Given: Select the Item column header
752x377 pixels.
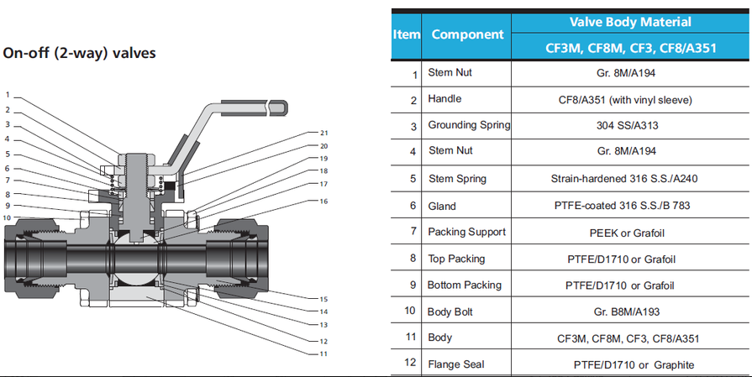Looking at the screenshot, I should tap(407, 34).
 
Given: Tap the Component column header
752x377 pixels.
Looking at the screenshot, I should tap(467, 34).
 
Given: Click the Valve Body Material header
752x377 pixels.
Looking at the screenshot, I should tap(631, 21).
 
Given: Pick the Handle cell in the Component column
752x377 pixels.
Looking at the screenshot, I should tap(444, 99).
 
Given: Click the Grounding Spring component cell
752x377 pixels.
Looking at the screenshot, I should tap(469, 125).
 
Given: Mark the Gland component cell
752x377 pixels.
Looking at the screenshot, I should tap(442, 206).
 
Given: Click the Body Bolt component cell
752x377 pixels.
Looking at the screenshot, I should tap(452, 311).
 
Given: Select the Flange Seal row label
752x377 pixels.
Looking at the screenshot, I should tap(455, 364).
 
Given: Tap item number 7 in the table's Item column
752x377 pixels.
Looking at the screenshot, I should tap(413, 232).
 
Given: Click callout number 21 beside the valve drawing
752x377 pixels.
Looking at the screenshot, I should tap(323, 133).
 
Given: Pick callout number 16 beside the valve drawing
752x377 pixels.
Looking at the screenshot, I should tap(323, 202).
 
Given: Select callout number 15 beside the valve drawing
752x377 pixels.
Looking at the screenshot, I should tap(323, 299).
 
